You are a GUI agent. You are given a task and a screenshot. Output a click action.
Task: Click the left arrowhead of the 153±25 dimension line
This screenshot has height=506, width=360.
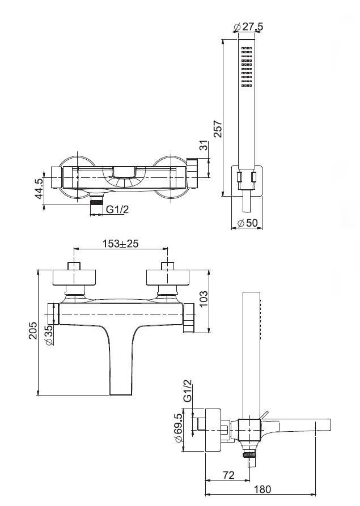tap(75, 249)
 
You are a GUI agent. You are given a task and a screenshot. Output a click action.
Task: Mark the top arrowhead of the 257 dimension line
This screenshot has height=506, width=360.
tap(223, 40)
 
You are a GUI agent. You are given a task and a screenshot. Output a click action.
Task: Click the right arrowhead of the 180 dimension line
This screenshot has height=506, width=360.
tap(315, 494)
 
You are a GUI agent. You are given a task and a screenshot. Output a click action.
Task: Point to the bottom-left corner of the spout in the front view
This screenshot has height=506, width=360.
tap(110, 395)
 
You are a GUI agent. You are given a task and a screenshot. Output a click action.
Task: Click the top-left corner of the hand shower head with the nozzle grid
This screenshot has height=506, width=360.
tap(238, 40)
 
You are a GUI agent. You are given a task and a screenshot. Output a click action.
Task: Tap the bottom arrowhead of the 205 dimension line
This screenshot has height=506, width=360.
tap(39, 394)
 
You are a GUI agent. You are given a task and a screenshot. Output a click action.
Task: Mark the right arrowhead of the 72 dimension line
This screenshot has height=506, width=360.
tap(249, 480)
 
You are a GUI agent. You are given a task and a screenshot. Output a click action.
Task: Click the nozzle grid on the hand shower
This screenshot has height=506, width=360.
tap(247, 67)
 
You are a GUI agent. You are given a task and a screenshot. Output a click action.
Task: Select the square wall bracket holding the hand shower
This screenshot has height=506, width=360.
tap(247, 181)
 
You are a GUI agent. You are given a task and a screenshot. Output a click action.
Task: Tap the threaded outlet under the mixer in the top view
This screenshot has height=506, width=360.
tap(96, 203)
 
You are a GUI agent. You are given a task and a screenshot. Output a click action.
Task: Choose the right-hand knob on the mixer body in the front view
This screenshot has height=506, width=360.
tap(189, 318)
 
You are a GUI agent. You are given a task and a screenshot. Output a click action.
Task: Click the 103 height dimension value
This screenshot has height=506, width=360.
tap(204, 299)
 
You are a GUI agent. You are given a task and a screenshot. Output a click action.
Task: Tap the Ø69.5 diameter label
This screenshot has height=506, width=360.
tap(178, 428)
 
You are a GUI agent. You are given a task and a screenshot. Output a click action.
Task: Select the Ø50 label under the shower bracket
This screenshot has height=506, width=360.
tap(247, 223)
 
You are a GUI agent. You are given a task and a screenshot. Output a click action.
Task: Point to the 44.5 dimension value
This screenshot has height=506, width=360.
tap(39, 189)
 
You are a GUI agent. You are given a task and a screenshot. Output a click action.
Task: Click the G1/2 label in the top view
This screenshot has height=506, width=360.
tap(117, 210)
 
